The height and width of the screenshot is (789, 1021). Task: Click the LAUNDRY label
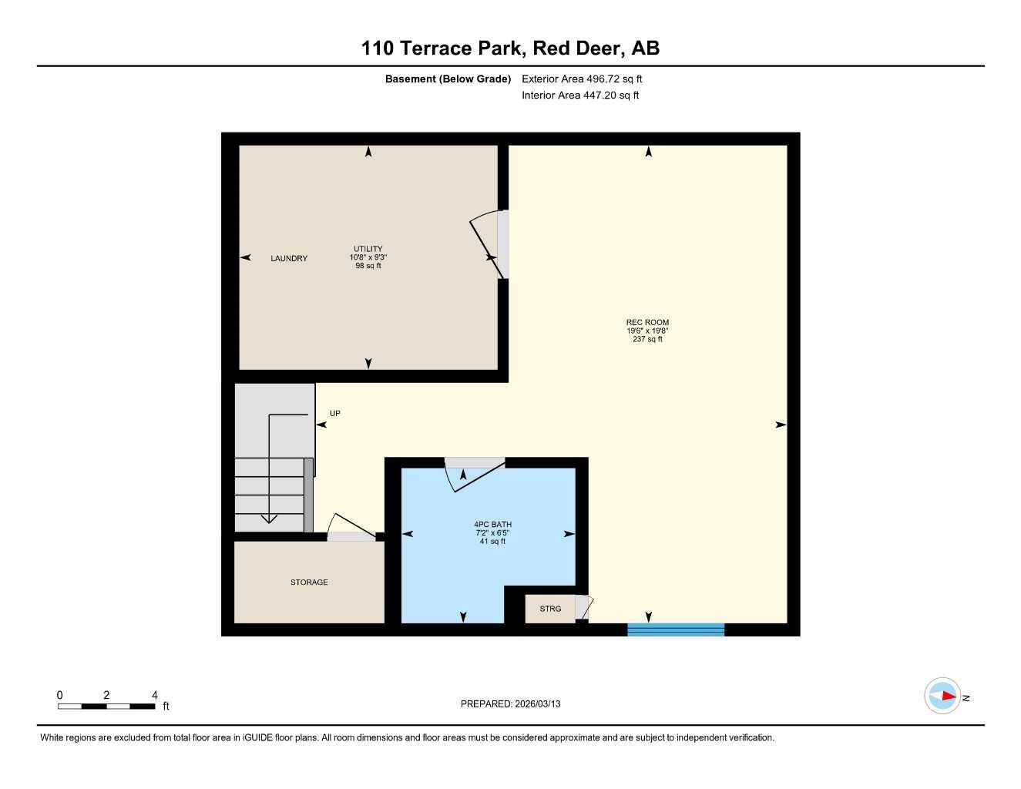click(289, 258)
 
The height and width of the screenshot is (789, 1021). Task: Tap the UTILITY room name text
click(368, 249)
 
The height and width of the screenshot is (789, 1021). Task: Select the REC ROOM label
click(647, 323)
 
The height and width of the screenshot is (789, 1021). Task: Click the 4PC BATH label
click(492, 525)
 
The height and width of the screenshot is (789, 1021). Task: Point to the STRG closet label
click(550, 609)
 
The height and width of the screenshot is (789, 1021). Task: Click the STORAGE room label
click(309, 583)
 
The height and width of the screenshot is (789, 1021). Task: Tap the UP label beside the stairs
click(335, 414)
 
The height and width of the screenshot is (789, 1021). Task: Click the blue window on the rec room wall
click(676, 630)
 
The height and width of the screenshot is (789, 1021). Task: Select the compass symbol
click(942, 696)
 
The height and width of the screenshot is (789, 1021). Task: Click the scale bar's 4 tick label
click(154, 695)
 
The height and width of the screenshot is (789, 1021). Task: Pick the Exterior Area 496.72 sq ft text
click(582, 79)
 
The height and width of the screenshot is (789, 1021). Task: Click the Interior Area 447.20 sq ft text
click(580, 96)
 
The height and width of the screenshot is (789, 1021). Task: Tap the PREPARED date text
click(510, 703)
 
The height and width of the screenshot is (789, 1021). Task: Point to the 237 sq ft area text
click(647, 339)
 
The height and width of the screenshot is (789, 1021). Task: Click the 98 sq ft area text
click(368, 266)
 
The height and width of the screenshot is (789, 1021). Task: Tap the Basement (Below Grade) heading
click(448, 79)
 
